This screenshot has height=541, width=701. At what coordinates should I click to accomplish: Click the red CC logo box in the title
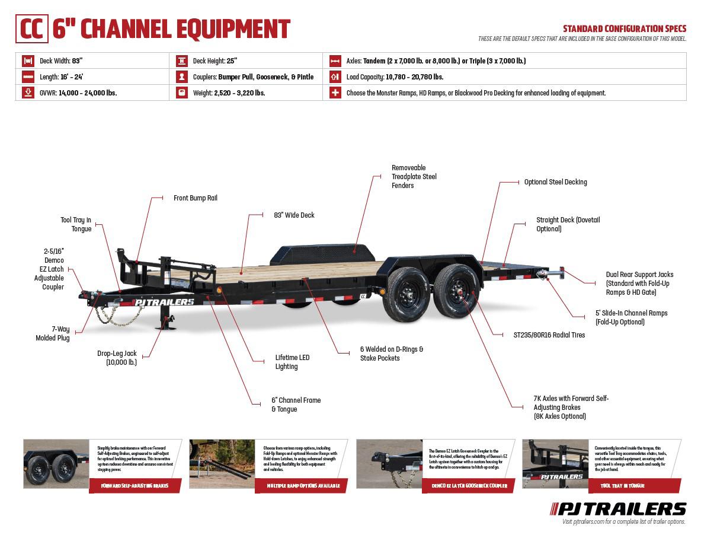tap(31, 29)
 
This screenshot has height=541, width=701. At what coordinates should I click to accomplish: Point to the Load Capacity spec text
tap(394, 77)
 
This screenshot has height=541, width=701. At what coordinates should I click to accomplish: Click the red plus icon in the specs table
tap(335, 93)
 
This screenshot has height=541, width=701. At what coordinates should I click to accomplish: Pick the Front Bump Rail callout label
tap(195, 198)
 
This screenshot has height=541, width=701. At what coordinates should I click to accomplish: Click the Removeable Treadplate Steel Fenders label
tap(414, 177)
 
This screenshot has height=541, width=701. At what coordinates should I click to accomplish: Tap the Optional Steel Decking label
tap(555, 182)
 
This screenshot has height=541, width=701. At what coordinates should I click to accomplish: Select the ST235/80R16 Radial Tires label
tap(549, 335)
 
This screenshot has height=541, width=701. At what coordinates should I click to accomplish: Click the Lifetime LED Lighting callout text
tap(292, 362)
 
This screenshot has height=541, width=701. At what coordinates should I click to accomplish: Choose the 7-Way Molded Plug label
tap(52, 333)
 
